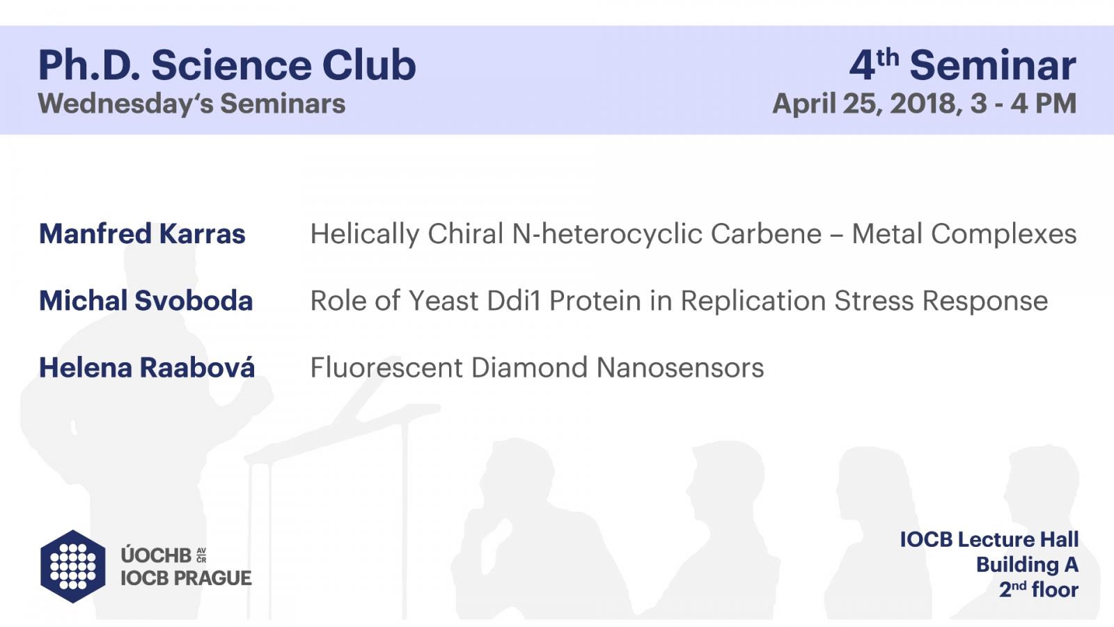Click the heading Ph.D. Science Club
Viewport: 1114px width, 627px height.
[x=227, y=65]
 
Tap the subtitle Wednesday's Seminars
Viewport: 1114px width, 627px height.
[x=191, y=104]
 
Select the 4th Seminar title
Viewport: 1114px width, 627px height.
[x=963, y=65]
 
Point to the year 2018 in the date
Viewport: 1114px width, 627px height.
[x=923, y=104]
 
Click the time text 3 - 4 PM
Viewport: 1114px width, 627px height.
[x=1023, y=104]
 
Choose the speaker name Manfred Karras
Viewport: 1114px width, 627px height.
[x=142, y=234]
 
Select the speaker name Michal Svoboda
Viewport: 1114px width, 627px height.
[x=146, y=300]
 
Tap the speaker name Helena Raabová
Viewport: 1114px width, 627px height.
[x=147, y=367]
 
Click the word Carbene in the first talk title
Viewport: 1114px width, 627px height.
[x=766, y=234]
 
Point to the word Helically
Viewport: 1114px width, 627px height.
[x=365, y=235]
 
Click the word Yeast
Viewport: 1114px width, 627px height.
[x=444, y=300]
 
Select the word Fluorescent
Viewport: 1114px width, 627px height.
[x=386, y=367]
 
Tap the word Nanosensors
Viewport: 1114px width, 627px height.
[x=680, y=367]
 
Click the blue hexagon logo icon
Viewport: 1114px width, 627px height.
[x=73, y=566]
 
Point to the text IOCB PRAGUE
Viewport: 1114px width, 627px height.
[x=186, y=578]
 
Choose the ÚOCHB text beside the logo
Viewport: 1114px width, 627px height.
[x=156, y=555]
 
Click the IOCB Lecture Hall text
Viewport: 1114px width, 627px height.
[x=989, y=539]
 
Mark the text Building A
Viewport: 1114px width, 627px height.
[x=1027, y=565]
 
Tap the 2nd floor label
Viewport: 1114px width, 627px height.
[x=1039, y=589]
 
